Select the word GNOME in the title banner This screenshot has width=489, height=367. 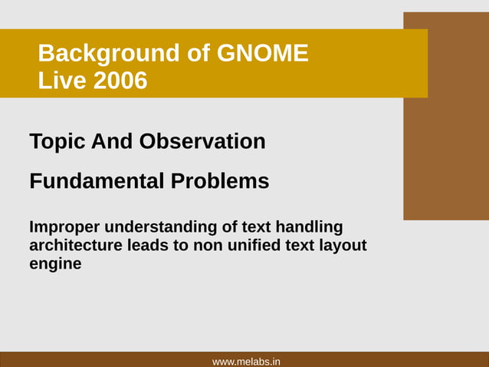tap(263, 54)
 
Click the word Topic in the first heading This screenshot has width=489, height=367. tap(57, 142)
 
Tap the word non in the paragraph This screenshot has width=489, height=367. tap(208, 246)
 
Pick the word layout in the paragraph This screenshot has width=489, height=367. tap(342, 246)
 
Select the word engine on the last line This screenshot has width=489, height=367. tap(55, 264)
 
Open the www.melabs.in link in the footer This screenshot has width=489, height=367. tap(245, 361)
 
